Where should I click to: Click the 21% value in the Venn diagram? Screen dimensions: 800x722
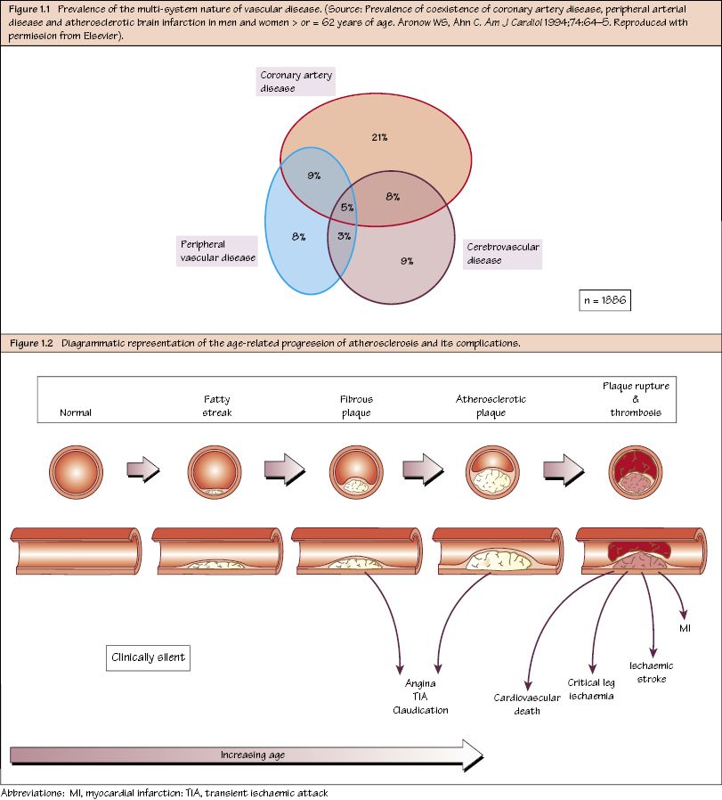(379, 137)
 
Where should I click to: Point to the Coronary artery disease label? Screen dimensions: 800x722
(296, 82)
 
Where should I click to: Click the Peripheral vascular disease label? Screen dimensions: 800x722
(217, 250)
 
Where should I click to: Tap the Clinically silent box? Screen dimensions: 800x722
(148, 658)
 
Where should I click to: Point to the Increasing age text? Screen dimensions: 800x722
(252, 755)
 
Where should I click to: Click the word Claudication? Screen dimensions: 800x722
(420, 710)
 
